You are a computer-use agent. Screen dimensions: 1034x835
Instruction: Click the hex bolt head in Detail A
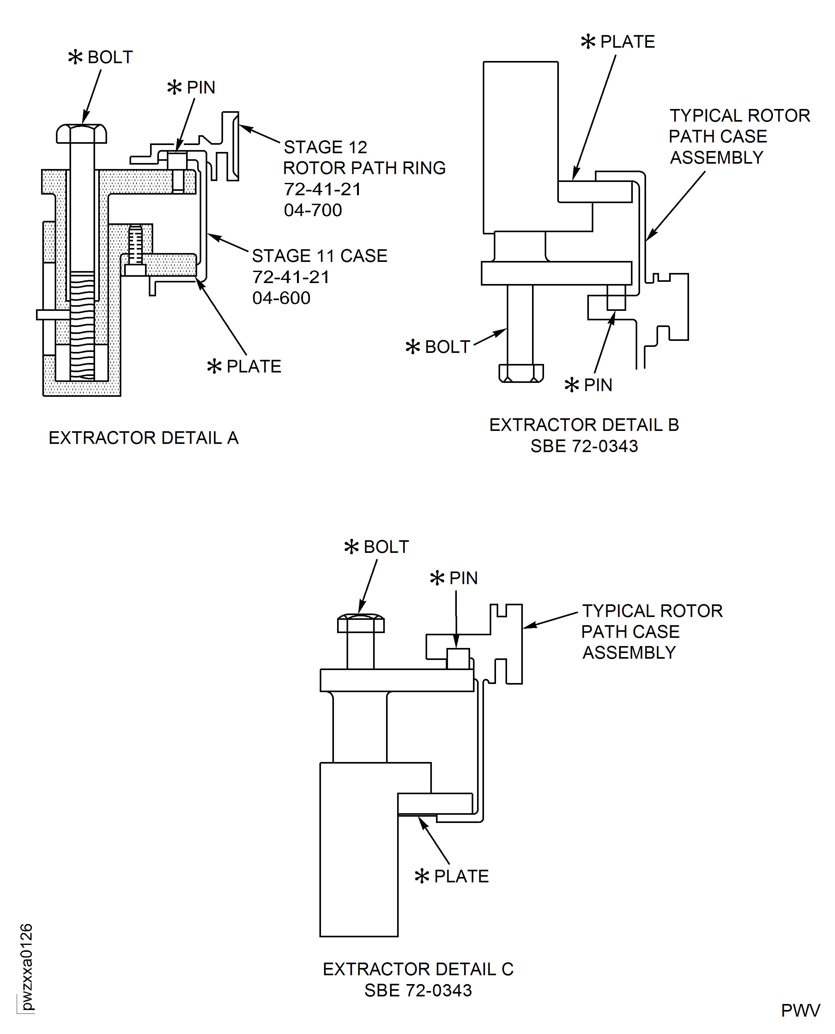click(x=81, y=134)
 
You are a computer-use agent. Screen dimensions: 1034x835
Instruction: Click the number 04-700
click(x=313, y=210)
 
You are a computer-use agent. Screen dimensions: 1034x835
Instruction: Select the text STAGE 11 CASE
click(x=319, y=256)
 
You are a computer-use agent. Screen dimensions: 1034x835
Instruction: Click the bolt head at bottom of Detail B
click(x=521, y=373)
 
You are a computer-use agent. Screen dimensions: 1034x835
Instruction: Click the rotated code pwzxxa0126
click(x=27, y=967)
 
